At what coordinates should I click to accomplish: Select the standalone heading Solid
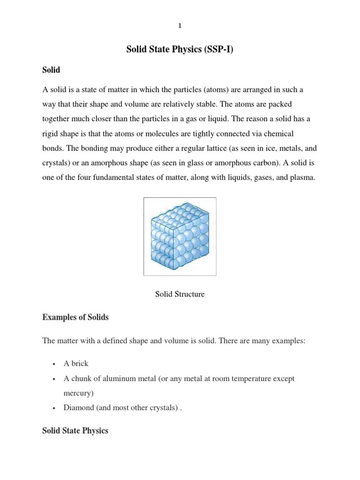(51, 70)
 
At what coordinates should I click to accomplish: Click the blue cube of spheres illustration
(180, 237)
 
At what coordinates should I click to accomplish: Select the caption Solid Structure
(180, 294)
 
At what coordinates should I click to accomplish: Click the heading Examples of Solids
(75, 317)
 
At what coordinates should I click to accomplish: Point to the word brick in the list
(80, 364)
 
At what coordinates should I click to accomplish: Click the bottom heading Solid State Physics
(75, 430)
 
